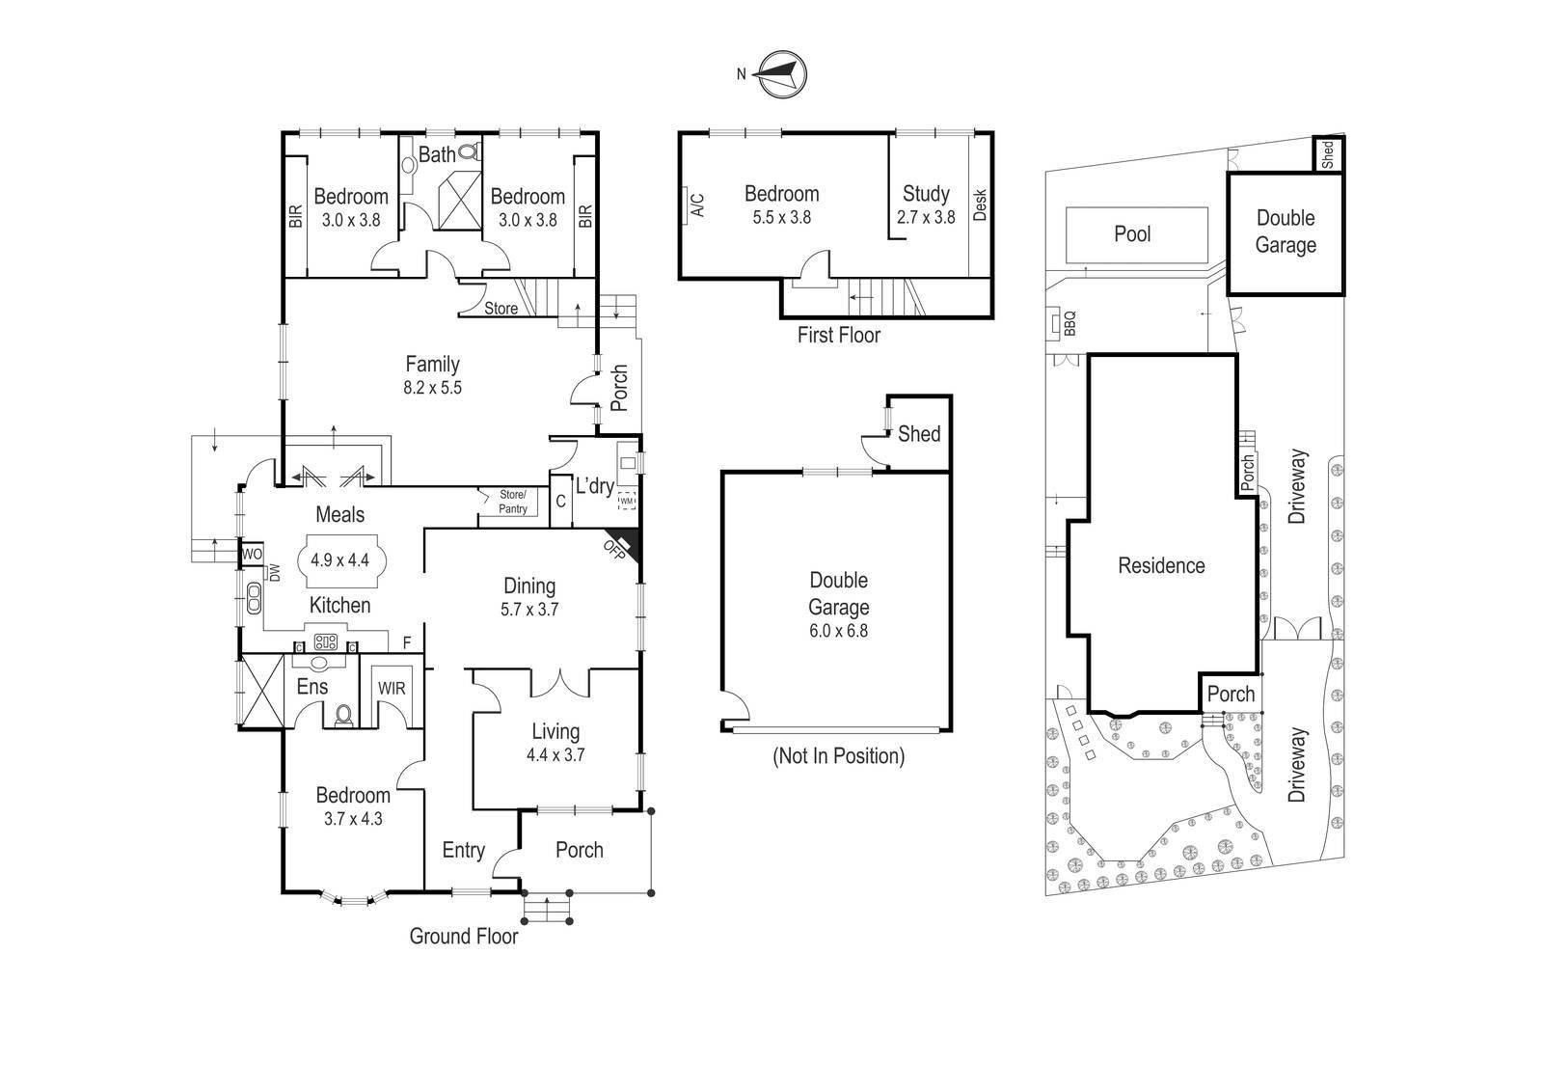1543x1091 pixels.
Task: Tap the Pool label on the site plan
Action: [1132, 233]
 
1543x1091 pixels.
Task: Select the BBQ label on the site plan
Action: [1069, 323]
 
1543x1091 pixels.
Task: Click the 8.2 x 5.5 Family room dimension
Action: [432, 388]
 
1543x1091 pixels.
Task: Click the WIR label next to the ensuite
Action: [392, 688]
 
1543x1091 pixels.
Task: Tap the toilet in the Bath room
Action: [470, 151]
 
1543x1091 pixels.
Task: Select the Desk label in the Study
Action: [980, 205]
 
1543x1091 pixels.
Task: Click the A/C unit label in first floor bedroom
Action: [697, 205]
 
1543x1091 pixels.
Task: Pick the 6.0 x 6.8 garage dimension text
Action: [838, 631]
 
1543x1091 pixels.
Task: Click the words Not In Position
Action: [838, 756]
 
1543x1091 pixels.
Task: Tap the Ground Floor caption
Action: [464, 936]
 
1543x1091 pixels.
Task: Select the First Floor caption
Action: [838, 335]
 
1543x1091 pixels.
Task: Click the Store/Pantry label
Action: [512, 501]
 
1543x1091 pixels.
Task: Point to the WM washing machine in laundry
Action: [626, 501]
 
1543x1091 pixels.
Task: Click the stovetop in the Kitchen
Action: [325, 642]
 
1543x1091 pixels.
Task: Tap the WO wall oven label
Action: [252, 554]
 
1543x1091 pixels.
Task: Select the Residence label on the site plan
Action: [1161, 565]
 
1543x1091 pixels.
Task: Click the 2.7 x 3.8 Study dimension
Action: [925, 217]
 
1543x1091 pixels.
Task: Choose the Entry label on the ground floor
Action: [463, 851]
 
